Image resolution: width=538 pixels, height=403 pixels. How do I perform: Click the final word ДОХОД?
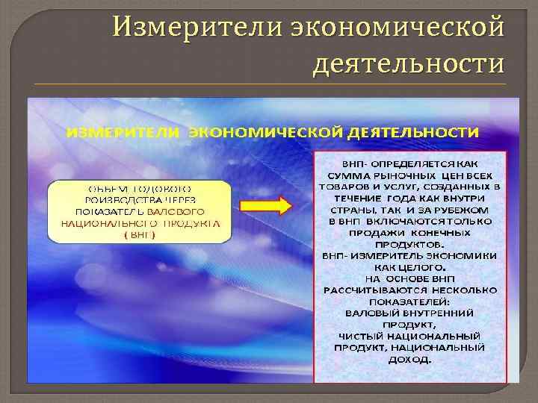(409, 359)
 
